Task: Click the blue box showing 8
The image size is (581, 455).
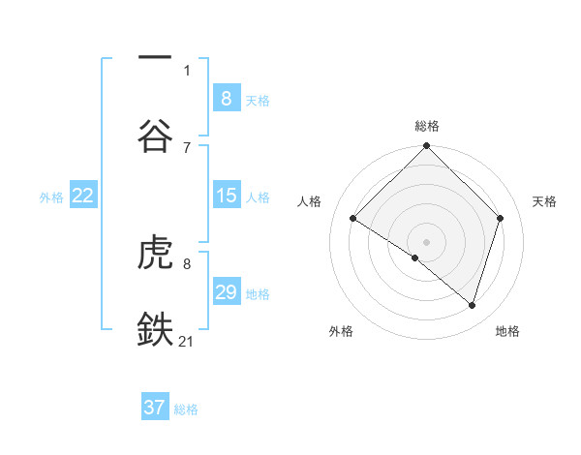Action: (x=226, y=98)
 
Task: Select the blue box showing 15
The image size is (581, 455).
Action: (x=226, y=196)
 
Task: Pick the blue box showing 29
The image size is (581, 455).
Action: (x=226, y=292)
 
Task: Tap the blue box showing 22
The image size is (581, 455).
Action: (x=82, y=196)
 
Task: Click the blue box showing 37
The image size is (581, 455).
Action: (x=155, y=408)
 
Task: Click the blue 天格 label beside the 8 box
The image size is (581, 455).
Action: (x=258, y=100)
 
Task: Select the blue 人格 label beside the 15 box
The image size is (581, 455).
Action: (x=258, y=197)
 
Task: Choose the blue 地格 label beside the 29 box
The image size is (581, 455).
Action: (x=258, y=294)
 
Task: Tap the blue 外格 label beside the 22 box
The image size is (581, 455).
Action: (x=51, y=197)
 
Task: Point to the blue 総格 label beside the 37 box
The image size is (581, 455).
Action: (x=186, y=409)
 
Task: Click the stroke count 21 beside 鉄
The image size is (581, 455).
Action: (x=187, y=341)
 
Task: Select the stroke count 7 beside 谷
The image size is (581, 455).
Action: (x=187, y=147)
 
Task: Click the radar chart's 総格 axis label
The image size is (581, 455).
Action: (x=427, y=126)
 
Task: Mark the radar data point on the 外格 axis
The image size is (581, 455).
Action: (x=415, y=258)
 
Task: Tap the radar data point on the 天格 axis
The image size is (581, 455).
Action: (x=501, y=218)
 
